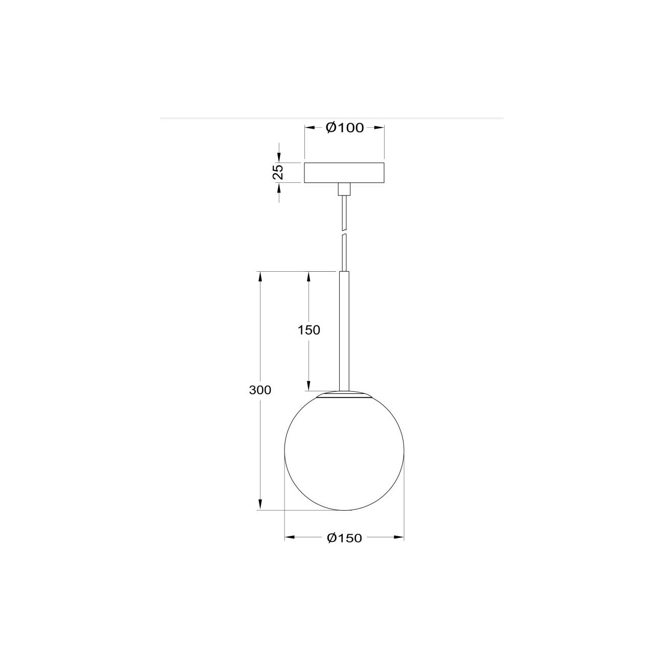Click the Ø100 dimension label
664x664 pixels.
click(345, 128)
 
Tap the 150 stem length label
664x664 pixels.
click(309, 330)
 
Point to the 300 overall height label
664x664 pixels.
click(260, 390)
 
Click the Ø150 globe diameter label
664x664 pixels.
click(344, 538)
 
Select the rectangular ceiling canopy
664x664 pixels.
click(344, 173)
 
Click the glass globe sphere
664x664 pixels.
click(344, 452)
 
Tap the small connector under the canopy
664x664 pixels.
click(345, 189)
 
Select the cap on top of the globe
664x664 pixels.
click(344, 395)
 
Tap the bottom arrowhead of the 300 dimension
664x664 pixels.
click(260, 505)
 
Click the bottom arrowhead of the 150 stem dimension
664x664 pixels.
click(309, 386)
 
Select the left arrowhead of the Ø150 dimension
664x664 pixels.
click(289, 537)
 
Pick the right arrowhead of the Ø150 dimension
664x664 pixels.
click(399, 537)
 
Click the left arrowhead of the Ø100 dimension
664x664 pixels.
click(310, 128)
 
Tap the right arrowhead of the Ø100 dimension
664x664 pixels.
click(380, 128)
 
